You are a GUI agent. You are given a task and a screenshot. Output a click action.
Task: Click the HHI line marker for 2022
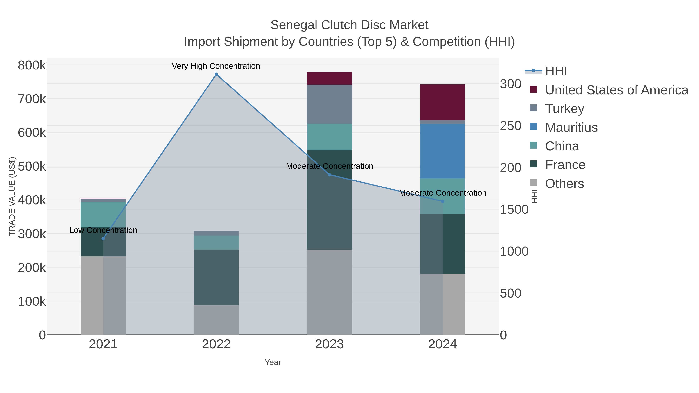pyautogui.click(x=216, y=74)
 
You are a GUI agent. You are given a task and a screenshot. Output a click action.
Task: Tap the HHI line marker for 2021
pyautogui.click(x=103, y=239)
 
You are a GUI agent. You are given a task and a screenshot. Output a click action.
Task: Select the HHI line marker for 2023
pyautogui.click(x=330, y=175)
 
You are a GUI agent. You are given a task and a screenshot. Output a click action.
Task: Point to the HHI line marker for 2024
pyautogui.click(x=443, y=201)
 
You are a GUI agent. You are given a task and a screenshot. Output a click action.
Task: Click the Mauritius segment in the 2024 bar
pyautogui.click(x=443, y=151)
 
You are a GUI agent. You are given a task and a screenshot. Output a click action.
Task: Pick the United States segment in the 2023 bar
pyautogui.click(x=330, y=78)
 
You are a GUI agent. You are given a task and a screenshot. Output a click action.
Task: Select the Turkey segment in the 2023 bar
pyautogui.click(x=330, y=104)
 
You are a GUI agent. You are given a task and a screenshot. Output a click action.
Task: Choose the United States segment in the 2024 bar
pyautogui.click(x=443, y=102)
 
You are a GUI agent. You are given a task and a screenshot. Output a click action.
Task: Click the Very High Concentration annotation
pyautogui.click(x=216, y=66)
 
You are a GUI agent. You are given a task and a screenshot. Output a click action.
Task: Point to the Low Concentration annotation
pyautogui.click(x=103, y=230)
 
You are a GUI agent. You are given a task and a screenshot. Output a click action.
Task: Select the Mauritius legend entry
pyautogui.click(x=571, y=128)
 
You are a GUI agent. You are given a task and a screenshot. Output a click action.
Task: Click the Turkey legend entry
pyautogui.click(x=564, y=109)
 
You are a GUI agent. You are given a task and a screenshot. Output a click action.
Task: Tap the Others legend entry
pyautogui.click(x=564, y=184)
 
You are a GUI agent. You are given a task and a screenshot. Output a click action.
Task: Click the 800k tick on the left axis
pyautogui.click(x=32, y=65)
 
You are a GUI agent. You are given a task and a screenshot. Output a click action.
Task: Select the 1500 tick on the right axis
pyautogui.click(x=514, y=209)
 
